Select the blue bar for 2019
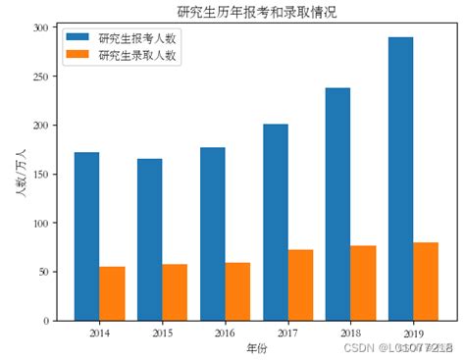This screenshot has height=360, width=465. pos(399,179)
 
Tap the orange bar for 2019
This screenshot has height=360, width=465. pos(425,282)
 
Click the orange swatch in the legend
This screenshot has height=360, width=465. pos(77,56)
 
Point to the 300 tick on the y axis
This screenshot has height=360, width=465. pos(40,28)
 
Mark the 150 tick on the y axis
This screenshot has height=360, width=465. pos(40,175)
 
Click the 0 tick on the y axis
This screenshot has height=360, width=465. pos(45,321)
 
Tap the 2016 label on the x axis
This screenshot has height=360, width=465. pos(225,334)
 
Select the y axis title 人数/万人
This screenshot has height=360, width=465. pos(19,175)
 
